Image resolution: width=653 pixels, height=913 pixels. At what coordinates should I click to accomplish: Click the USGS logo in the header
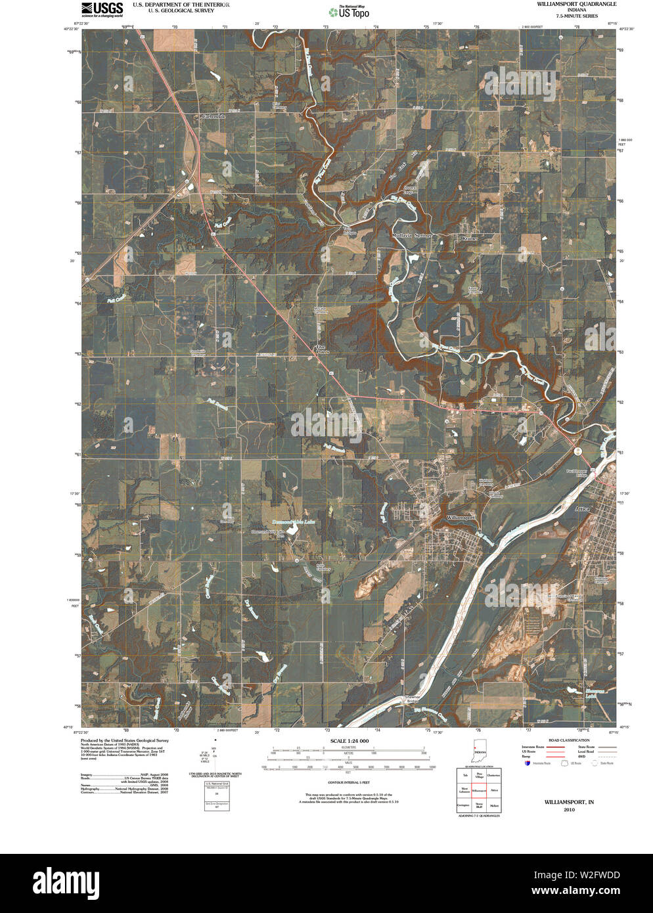[102, 8]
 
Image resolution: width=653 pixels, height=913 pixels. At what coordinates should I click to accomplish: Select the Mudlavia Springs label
[412, 235]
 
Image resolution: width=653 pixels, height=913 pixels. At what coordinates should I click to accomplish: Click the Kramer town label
[469, 238]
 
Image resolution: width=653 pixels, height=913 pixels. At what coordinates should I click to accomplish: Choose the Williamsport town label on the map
[461, 518]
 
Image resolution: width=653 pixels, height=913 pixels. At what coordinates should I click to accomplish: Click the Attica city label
[582, 509]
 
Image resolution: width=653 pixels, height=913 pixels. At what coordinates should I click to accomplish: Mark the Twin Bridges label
[349, 231]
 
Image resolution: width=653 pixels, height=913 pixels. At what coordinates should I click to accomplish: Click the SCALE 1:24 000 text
[349, 741]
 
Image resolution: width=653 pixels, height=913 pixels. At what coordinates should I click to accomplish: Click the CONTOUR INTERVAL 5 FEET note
[349, 782]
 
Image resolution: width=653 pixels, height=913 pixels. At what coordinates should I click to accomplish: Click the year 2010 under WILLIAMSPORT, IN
[569, 810]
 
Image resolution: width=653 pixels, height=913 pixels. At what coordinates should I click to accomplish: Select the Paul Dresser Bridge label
[576, 474]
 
